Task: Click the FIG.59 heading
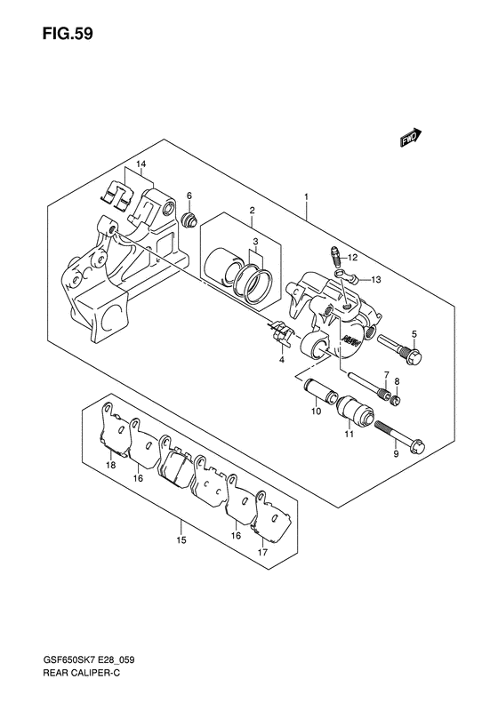point(68,34)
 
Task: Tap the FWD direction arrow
point(412,138)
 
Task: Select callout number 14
point(141,164)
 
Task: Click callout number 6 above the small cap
point(189,196)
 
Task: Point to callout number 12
point(352,258)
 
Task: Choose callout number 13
point(376,280)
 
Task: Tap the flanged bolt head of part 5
point(414,356)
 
